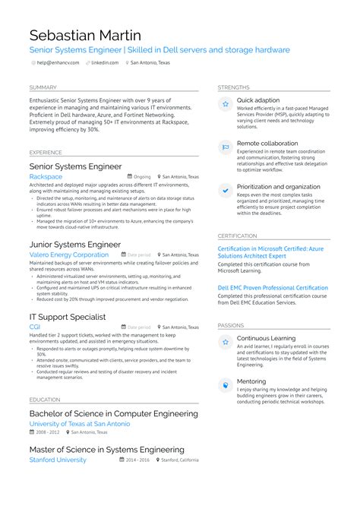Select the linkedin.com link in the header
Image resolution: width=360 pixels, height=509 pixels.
point(105,63)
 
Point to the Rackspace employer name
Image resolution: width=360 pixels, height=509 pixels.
point(46,176)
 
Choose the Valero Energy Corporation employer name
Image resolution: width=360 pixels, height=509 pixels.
point(68,254)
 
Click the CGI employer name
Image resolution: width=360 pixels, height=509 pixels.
point(34,327)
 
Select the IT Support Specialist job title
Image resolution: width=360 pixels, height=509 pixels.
point(68,316)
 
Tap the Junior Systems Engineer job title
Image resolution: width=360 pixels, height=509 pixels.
point(75,244)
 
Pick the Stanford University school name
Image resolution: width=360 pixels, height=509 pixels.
point(58,460)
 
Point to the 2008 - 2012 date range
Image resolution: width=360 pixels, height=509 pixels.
point(46,432)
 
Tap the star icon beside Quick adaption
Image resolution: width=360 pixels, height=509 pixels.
point(226,104)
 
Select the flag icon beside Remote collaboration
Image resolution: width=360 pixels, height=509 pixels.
point(226,147)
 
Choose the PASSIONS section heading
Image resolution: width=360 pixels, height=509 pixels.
point(231,324)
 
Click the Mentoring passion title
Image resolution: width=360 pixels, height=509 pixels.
point(251,381)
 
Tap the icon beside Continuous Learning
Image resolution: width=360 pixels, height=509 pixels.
point(226,342)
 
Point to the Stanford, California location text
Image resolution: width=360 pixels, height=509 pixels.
point(181,460)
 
